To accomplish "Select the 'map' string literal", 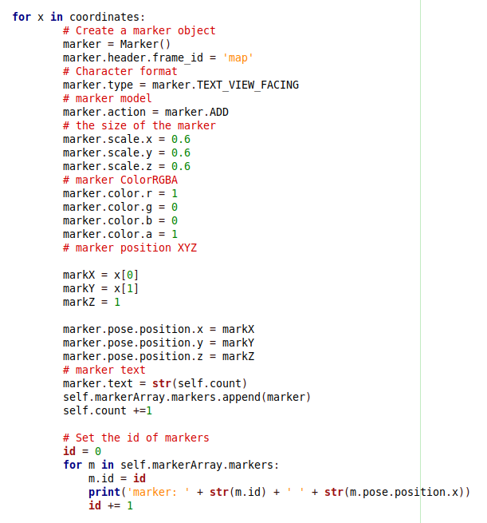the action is pos(238,58).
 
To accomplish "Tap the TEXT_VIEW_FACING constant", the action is pos(248,85).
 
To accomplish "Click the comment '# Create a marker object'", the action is pos(139,30).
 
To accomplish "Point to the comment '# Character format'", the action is pos(120,71).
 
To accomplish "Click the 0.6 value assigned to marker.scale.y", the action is pos(181,153).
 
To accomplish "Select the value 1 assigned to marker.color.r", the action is pos(175,193).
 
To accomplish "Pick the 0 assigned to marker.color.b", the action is pos(175,221).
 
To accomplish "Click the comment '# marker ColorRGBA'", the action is pos(120,180).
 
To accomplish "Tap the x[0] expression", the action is pos(127,275).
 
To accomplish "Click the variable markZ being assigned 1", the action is pos(79,302).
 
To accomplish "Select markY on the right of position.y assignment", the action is pos(238,343).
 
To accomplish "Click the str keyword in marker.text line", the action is pos(162,383).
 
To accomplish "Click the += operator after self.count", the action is pos(139,411).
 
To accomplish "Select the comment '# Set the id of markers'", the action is pos(135,438).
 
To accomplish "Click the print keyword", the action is pos(104,493).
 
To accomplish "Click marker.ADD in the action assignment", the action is pos(197,112).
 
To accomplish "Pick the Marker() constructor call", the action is pos(146,45).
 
